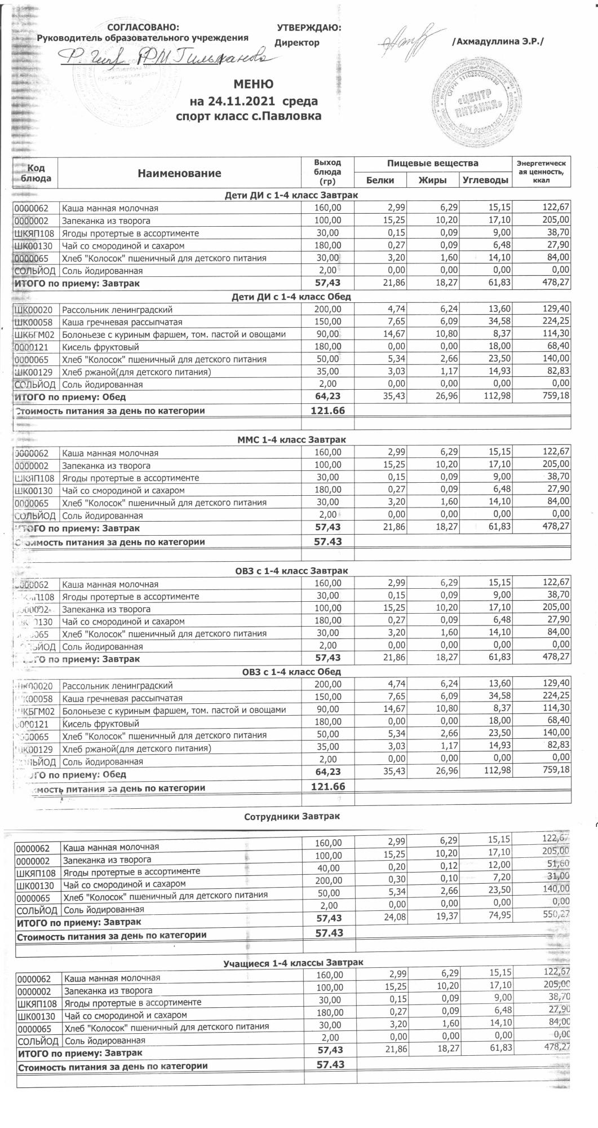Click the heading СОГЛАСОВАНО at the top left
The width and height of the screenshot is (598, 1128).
click(143, 28)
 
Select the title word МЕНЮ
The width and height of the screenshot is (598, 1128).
click(254, 85)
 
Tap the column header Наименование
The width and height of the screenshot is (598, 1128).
click(179, 173)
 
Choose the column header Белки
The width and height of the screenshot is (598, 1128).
click(380, 180)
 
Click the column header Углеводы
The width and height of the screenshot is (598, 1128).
click(485, 180)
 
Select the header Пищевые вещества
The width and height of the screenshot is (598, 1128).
click(432, 164)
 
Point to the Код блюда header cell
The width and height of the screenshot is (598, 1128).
click(36, 173)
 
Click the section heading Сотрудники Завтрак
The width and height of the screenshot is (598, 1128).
click(292, 816)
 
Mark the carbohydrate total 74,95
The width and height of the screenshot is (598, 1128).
click(499, 915)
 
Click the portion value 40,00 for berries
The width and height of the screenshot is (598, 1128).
click(329, 867)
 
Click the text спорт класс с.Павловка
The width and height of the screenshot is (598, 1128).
click(249, 117)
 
